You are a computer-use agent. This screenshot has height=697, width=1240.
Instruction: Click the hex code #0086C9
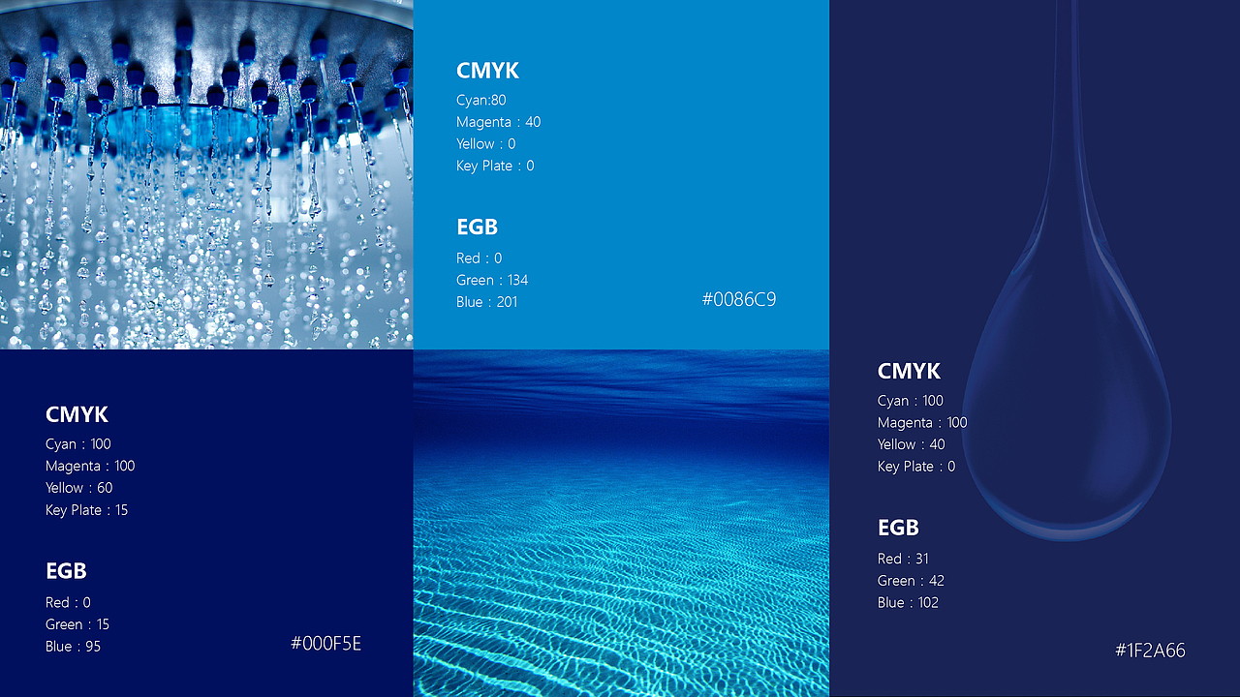[739, 300]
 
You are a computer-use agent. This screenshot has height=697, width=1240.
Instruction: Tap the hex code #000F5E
[326, 644]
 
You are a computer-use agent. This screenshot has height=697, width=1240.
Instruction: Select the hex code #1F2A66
[1150, 651]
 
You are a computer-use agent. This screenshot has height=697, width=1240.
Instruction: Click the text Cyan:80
[481, 100]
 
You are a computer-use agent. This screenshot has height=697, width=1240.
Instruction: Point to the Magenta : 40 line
[498, 122]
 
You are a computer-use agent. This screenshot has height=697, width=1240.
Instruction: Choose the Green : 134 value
[492, 281]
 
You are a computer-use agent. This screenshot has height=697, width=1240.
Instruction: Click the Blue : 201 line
[486, 302]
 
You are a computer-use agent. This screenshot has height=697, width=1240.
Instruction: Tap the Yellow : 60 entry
[79, 488]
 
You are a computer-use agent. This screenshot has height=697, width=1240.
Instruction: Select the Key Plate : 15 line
[87, 510]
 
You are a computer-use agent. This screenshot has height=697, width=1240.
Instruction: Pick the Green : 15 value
[77, 624]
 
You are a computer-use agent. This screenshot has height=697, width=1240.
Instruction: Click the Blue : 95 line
[73, 647]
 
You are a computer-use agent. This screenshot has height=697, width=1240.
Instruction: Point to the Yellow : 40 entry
[912, 444]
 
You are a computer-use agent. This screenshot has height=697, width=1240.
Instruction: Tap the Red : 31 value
[903, 559]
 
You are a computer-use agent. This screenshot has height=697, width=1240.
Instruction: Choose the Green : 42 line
[911, 581]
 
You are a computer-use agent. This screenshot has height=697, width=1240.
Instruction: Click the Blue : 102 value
[908, 602]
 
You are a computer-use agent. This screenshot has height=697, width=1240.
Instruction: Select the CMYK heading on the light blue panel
[487, 71]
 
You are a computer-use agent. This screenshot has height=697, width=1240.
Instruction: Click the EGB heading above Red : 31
[898, 528]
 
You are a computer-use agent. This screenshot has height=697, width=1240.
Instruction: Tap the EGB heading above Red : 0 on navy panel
[66, 571]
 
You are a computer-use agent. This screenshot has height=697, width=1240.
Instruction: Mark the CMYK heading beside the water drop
[909, 371]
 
